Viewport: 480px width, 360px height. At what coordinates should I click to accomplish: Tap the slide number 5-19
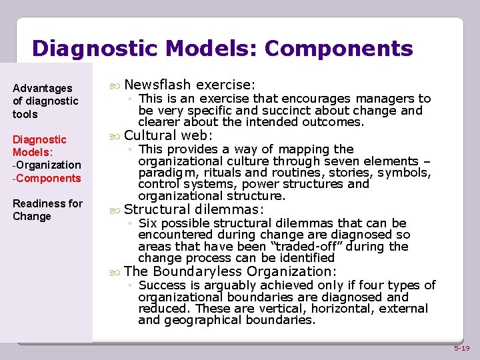462,348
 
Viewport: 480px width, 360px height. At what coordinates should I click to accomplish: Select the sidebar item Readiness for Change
47,210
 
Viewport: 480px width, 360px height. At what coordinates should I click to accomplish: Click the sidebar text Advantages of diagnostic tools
45,101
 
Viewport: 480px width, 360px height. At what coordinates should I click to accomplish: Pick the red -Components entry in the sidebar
47,178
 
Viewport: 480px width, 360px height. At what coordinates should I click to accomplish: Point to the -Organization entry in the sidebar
47,165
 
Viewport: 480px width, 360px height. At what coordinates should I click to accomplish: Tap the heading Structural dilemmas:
194,209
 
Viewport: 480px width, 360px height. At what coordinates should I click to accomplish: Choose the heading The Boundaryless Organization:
230,271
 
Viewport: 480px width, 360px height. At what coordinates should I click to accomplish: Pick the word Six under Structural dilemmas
148,223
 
